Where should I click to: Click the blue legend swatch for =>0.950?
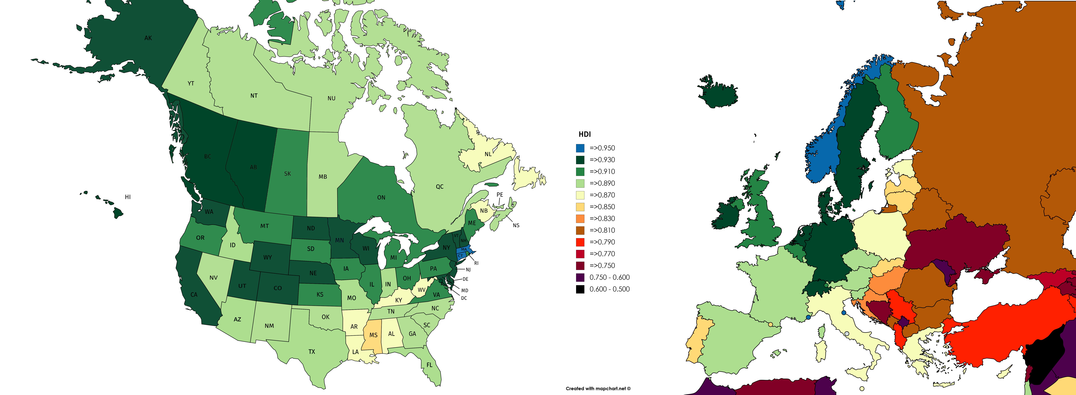(580, 148)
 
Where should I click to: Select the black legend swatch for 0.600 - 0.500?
(580, 289)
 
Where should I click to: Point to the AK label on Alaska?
(148, 38)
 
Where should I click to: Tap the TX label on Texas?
(312, 352)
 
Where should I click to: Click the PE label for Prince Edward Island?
(500, 195)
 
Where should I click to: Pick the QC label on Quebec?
(439, 187)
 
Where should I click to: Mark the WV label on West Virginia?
(421, 290)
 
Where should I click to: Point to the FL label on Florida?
(429, 365)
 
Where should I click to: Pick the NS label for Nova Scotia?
(516, 225)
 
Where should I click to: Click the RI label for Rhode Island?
(476, 263)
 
